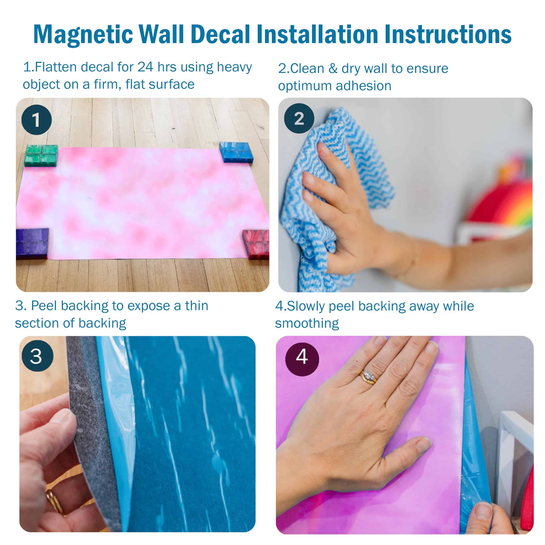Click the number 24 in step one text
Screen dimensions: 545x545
click(x=145, y=67)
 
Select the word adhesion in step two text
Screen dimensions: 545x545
click(x=363, y=86)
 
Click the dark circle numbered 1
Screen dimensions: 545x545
click(x=36, y=120)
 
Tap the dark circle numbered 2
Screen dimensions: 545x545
click(x=299, y=118)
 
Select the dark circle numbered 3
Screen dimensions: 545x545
click(x=37, y=356)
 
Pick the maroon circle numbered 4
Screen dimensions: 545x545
click(x=302, y=359)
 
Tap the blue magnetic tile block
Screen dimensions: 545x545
click(x=236, y=152)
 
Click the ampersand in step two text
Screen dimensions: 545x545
click(x=333, y=69)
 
